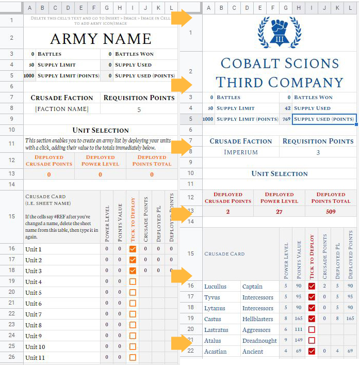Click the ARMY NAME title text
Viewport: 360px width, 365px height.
pos(101,39)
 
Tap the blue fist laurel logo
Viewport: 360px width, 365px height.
pos(279,32)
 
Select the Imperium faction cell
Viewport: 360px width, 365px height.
pos(241,152)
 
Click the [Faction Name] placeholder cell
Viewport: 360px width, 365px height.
pos(61,109)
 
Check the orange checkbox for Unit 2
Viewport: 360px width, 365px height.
pos(133,260)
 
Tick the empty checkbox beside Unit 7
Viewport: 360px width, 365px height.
pos(133,314)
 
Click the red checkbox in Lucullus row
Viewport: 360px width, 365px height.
pos(311,287)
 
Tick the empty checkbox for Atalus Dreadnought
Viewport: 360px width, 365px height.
pos(311,341)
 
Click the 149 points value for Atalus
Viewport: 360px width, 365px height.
pos(299,341)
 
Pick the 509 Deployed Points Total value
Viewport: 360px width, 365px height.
pos(331,212)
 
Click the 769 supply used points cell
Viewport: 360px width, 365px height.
pos(286,119)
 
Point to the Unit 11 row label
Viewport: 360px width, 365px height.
pos(35,358)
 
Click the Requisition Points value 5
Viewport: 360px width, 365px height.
pos(139,109)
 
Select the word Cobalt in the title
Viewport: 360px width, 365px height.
pos(247,64)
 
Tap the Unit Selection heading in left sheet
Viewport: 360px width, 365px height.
pos(101,130)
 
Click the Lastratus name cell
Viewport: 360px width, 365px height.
pos(217,330)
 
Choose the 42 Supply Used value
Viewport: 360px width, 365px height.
pos(286,108)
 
